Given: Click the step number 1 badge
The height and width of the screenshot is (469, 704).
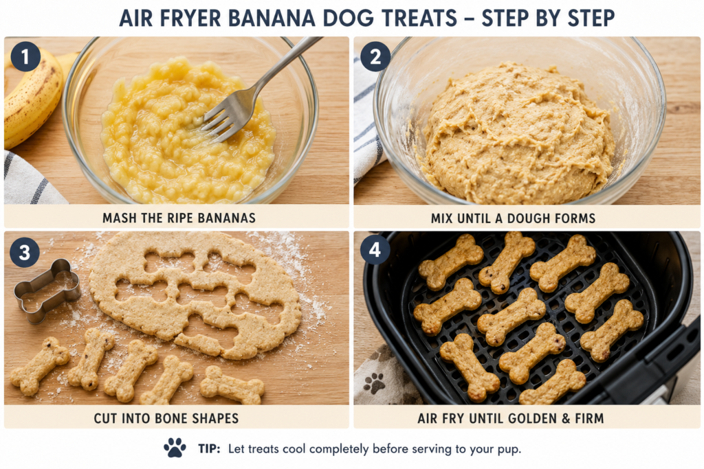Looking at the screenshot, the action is tap(25, 56).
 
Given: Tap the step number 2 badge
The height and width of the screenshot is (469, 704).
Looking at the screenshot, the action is tap(375, 56).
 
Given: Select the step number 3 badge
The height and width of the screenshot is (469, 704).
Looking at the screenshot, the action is tap(24, 252).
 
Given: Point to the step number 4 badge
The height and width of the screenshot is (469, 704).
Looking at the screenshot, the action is tap(375, 249).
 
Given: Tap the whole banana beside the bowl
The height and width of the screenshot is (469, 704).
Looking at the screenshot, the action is tap(32, 99).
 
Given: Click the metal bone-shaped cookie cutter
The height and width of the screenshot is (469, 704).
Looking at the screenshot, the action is tap(47, 290).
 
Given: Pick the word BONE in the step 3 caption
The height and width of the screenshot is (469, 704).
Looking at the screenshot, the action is tap(171, 418).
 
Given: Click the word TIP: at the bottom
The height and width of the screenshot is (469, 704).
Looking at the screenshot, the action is tap(209, 449).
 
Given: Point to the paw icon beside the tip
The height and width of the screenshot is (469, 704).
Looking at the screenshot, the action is tap(175, 448).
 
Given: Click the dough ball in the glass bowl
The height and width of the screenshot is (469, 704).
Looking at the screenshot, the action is tap(518, 135).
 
